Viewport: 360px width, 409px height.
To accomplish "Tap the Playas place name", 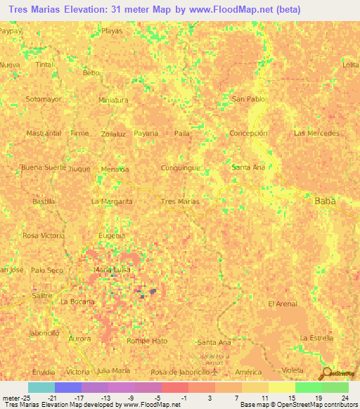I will coord(111,31).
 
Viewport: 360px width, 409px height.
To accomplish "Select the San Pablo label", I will coord(249,99).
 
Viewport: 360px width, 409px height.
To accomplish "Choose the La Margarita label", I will coord(112,202).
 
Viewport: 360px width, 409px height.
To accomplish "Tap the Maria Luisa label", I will coord(112,269).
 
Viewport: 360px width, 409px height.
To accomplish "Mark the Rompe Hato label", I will coord(146,341).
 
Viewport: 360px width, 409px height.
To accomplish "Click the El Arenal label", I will coord(283,304).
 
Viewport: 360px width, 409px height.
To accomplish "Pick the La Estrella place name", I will coord(316,337).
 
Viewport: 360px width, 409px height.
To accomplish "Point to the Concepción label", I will coord(249,133).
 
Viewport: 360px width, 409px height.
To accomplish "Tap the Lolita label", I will coord(350,65).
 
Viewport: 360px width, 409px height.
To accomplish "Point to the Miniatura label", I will coord(113,100).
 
